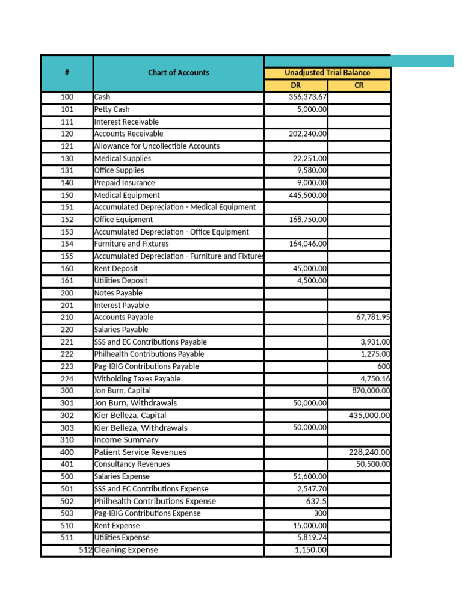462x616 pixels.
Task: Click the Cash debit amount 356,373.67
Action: pyautogui.click(x=307, y=97)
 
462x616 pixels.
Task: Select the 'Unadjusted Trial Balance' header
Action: pyautogui.click(x=327, y=73)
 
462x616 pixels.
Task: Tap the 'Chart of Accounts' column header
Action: pyautogui.click(x=179, y=73)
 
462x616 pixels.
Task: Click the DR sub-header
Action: pyautogui.click(x=295, y=85)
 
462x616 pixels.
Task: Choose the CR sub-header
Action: pyautogui.click(x=359, y=85)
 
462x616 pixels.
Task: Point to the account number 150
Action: pyautogui.click(x=67, y=196)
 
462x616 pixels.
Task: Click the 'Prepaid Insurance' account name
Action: pyautogui.click(x=125, y=183)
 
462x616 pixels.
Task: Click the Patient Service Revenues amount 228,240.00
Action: pyautogui.click(x=369, y=452)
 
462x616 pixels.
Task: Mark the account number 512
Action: pyautogui.click(x=85, y=550)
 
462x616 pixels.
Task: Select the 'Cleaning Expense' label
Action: pyautogui.click(x=126, y=550)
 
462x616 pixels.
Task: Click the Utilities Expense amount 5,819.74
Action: pyautogui.click(x=312, y=538)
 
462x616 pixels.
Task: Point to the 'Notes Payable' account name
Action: pyautogui.click(x=119, y=293)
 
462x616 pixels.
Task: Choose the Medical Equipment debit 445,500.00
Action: pyautogui.click(x=307, y=196)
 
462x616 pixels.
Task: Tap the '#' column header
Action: pyautogui.click(x=67, y=73)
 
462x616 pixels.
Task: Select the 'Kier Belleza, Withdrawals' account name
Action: pyautogui.click(x=141, y=428)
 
